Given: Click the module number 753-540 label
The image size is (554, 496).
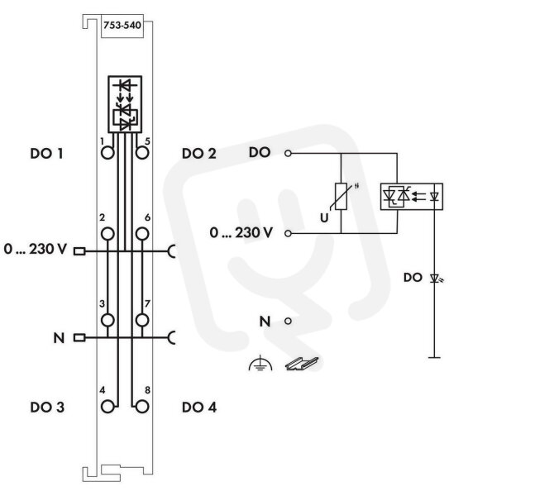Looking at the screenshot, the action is tap(122, 26).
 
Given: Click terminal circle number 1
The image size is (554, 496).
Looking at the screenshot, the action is tap(107, 153).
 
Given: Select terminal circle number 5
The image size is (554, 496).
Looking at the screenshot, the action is tap(142, 153).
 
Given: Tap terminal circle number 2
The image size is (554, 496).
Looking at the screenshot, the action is tap(107, 234).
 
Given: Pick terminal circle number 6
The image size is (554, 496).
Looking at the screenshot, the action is tap(142, 234).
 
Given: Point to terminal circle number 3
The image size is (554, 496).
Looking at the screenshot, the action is tap(107, 320).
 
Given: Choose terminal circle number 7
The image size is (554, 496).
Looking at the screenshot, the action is tap(142, 320).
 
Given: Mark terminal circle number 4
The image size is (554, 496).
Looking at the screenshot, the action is tap(107, 407).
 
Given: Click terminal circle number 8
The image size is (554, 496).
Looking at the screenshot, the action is tap(142, 407).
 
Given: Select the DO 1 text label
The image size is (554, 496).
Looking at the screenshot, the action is tap(46, 154).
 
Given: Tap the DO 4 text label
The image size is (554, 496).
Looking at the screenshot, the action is tap(199, 408).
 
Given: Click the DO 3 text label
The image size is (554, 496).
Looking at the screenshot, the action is tap(47, 408).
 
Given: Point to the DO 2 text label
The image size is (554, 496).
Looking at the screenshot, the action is tap(199, 154).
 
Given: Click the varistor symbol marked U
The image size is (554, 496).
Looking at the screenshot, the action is tap(341, 197).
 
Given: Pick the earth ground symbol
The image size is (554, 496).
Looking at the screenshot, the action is tap(260, 363).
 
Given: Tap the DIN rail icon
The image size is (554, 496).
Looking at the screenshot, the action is tap(302, 364).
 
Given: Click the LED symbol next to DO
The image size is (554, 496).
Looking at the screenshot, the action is tap(435, 279).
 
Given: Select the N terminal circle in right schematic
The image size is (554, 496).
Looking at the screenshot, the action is tap(288, 321).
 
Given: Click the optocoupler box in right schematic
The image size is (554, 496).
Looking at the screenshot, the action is tap(412, 197).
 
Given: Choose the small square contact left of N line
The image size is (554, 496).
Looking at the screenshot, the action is tap(79, 338).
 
